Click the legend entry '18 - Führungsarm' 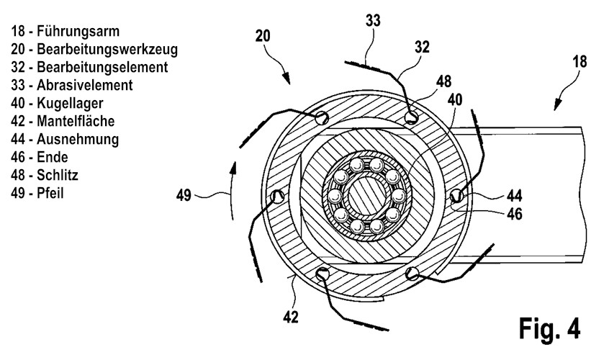(66, 31)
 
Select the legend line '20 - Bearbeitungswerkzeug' (94, 50)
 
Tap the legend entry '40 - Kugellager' (57, 103)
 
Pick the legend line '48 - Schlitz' (45, 175)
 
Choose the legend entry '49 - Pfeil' (37, 193)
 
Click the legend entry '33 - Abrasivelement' (72, 85)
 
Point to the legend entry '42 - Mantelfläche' (63, 121)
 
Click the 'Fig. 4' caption (549, 329)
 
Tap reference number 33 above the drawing (373, 21)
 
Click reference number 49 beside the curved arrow (184, 195)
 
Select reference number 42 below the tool (291, 318)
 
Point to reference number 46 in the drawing (515, 214)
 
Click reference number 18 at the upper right (580, 62)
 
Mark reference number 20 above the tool (263, 36)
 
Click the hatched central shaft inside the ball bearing (366, 195)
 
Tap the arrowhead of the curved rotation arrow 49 (233, 168)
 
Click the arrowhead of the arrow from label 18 (558, 104)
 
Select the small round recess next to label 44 (457, 196)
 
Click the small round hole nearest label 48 (411, 117)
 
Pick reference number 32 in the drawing (422, 47)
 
